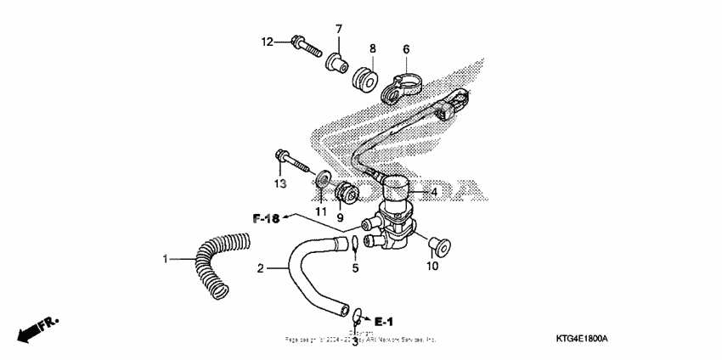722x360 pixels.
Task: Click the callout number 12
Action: [x=267, y=41]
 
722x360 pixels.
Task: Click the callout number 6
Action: [x=406, y=49]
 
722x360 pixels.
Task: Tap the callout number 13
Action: [x=279, y=183]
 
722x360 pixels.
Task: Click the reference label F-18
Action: [x=266, y=219]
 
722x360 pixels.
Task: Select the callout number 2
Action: [x=262, y=269]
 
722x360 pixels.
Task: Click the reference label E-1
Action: [x=384, y=321]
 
